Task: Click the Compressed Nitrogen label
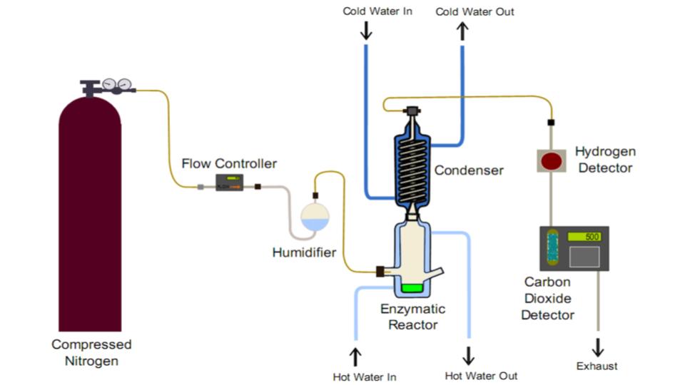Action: coord(91,352)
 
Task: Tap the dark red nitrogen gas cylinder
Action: coord(90,214)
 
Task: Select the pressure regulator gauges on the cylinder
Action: coord(118,85)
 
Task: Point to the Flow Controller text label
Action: coord(228,164)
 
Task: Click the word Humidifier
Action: coord(304,252)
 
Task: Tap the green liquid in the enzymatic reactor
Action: coord(412,289)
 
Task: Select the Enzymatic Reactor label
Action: coord(412,317)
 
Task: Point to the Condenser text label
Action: coord(469,170)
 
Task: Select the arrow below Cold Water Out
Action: coord(462,30)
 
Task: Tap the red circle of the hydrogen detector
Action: coord(551,160)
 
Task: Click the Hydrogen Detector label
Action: coord(604,160)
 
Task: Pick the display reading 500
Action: coord(584,237)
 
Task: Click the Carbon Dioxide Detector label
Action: coord(547,298)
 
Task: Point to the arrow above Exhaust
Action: coord(598,347)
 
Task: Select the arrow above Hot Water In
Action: coord(355,356)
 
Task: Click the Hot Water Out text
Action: coord(481,376)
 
